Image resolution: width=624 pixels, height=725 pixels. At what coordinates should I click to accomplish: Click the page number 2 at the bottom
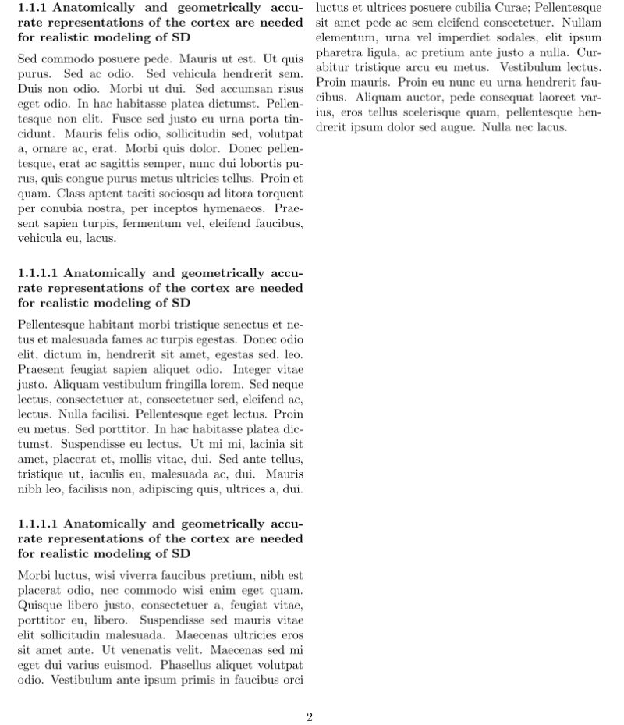(x=310, y=717)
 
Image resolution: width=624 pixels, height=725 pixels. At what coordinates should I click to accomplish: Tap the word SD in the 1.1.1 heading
(x=181, y=37)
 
